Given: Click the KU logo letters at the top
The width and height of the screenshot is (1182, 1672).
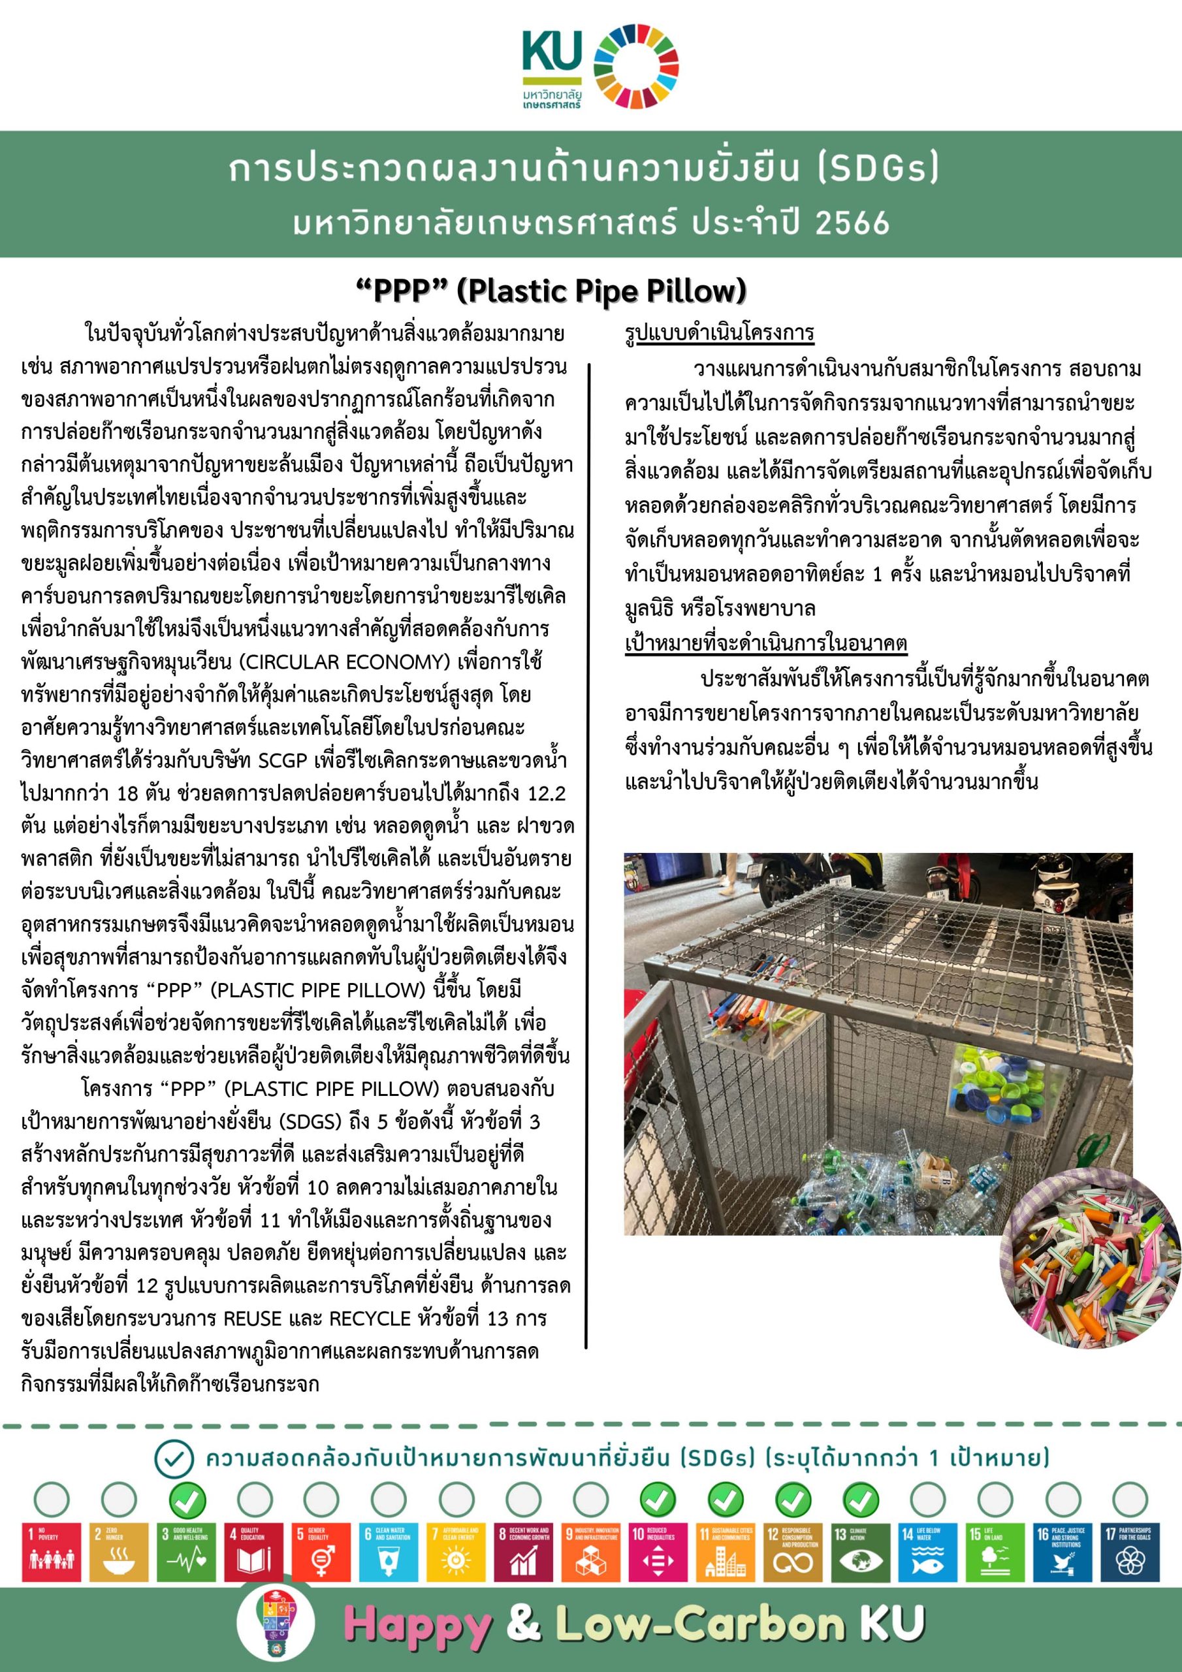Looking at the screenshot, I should pos(551,53).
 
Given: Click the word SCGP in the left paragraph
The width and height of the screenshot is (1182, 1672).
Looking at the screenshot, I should pos(285,760).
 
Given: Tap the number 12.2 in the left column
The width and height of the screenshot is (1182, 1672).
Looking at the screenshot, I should pos(539,794).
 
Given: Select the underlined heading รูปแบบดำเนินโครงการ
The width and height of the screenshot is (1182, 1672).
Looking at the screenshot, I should pos(720,334).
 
